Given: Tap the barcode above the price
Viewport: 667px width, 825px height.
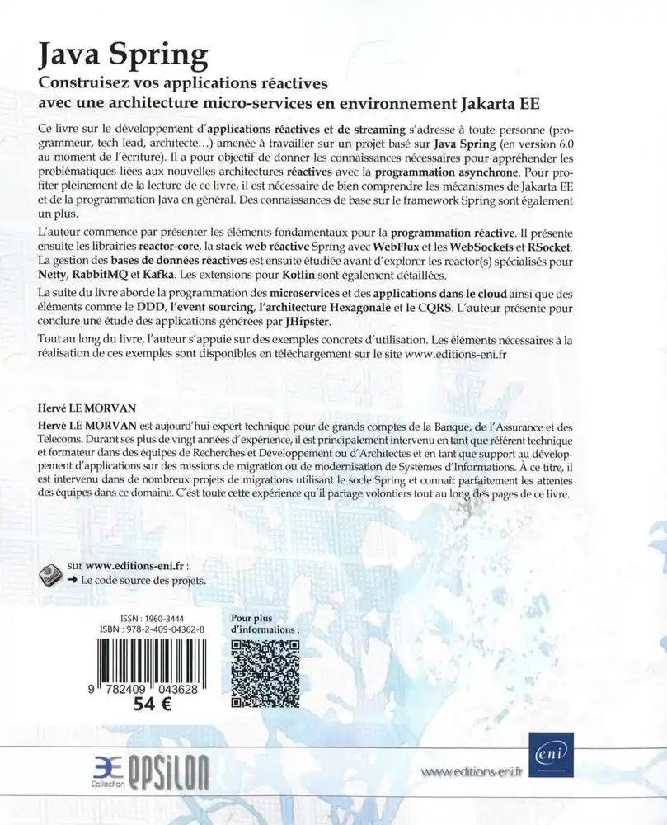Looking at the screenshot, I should [148, 667].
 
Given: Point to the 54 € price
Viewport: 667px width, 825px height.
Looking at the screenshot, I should [148, 706].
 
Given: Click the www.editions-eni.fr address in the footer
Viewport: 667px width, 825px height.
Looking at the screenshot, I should [473, 773].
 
